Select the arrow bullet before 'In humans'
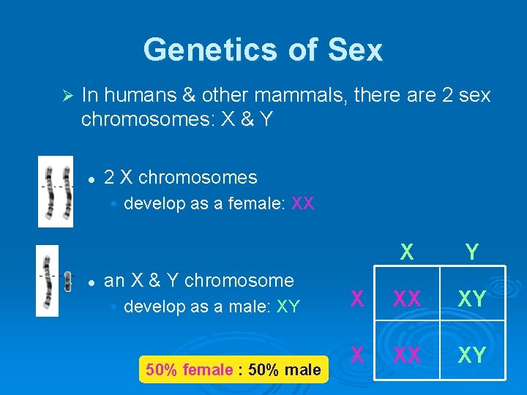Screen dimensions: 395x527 (x=64, y=95)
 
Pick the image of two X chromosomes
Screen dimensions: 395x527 (x=56, y=192)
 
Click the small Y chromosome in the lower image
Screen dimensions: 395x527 (x=67, y=281)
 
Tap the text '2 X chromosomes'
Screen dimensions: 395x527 (x=181, y=177)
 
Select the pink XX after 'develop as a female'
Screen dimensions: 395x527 (x=302, y=203)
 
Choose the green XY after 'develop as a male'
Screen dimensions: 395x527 (x=288, y=306)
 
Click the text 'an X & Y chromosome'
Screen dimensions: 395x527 (x=199, y=280)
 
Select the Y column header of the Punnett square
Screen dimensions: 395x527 (x=472, y=252)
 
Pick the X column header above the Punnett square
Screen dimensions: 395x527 (x=406, y=252)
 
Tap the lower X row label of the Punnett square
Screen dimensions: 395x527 (x=356, y=355)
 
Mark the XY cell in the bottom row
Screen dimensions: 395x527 (x=472, y=355)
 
